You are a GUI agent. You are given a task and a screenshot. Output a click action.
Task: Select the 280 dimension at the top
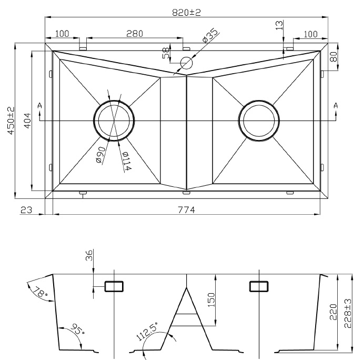click(135, 34)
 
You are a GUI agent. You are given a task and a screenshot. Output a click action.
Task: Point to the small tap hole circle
click(187, 63)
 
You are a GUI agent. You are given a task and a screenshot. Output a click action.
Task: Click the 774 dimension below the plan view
click(186, 210)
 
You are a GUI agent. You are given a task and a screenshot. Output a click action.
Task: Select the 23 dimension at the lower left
click(26, 210)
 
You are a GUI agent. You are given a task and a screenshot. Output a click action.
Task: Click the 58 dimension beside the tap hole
click(166, 53)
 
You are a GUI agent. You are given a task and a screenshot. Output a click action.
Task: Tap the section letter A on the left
click(40, 106)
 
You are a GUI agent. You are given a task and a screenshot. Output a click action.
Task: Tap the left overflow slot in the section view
click(114, 286)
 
